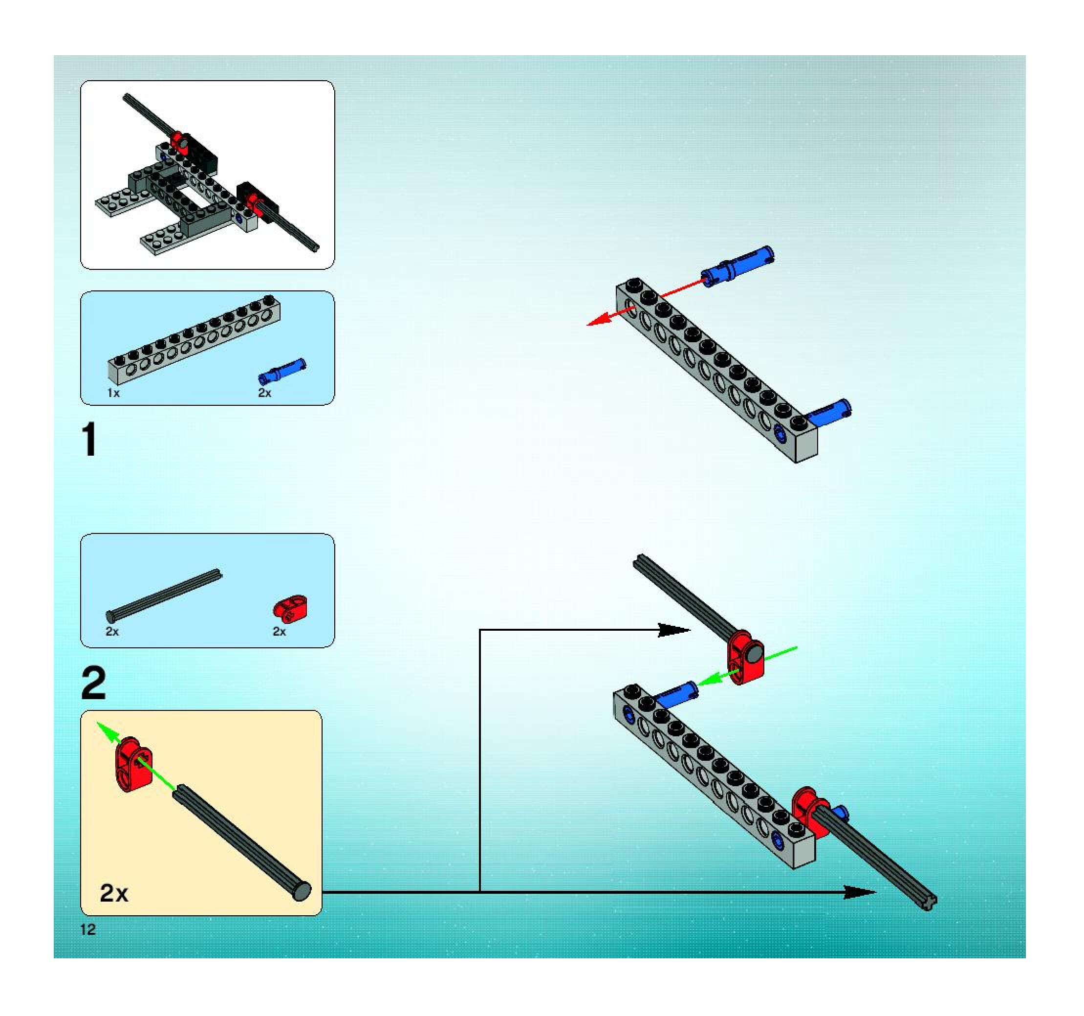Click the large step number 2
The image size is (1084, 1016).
tap(93, 684)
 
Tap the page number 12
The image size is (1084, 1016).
tap(88, 929)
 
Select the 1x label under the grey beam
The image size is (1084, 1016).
tap(113, 393)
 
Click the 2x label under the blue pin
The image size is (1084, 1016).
tap(264, 393)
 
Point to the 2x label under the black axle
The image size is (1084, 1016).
tap(112, 632)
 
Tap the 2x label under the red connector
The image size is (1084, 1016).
tap(279, 632)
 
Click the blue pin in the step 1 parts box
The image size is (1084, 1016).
tap(282, 370)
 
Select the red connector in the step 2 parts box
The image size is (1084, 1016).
tap(289, 608)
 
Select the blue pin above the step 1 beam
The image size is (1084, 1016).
tap(737, 265)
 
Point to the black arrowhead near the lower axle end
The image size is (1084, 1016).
tap(859, 892)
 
